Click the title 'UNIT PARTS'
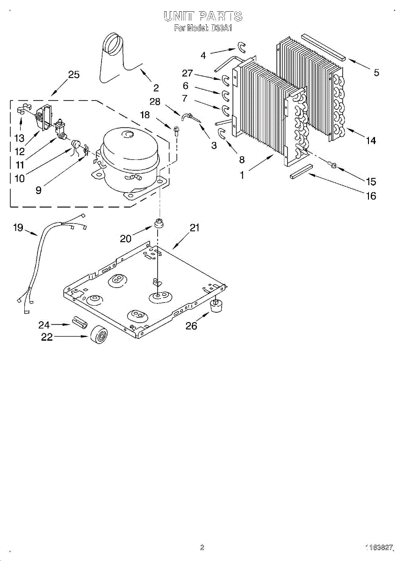point(203,16)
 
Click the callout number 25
point(73,75)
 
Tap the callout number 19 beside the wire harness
point(18,228)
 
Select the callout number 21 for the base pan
point(195,228)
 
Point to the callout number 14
point(371,140)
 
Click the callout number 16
point(371,196)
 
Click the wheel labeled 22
point(99,335)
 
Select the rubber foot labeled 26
point(216,307)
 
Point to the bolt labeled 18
point(176,130)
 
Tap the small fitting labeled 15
point(333,165)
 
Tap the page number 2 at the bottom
point(202,547)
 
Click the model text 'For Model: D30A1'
point(203,28)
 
